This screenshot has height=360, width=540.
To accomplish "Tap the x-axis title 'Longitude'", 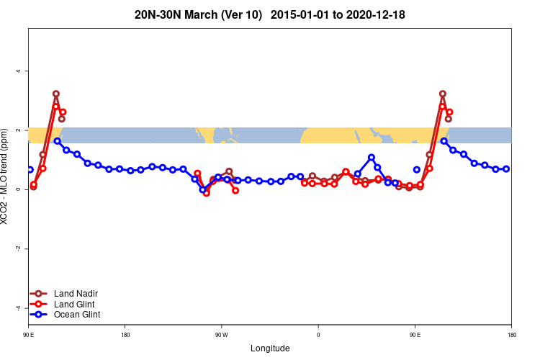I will point(270,348).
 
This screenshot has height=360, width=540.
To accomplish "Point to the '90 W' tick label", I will point(221,335).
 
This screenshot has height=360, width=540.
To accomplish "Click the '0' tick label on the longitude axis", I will point(318,335).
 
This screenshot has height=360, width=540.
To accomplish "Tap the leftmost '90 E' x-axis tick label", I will point(28,335).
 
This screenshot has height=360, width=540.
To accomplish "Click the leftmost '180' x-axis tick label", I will point(125,335).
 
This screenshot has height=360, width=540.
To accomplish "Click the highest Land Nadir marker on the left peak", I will point(55,94).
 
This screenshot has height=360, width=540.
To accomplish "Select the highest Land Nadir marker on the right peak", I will point(442,94).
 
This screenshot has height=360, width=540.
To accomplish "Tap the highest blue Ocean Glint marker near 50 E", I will point(372,157).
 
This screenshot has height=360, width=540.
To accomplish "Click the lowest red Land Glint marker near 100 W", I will point(206,193).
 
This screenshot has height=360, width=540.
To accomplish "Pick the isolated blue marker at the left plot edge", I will point(30,169).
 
